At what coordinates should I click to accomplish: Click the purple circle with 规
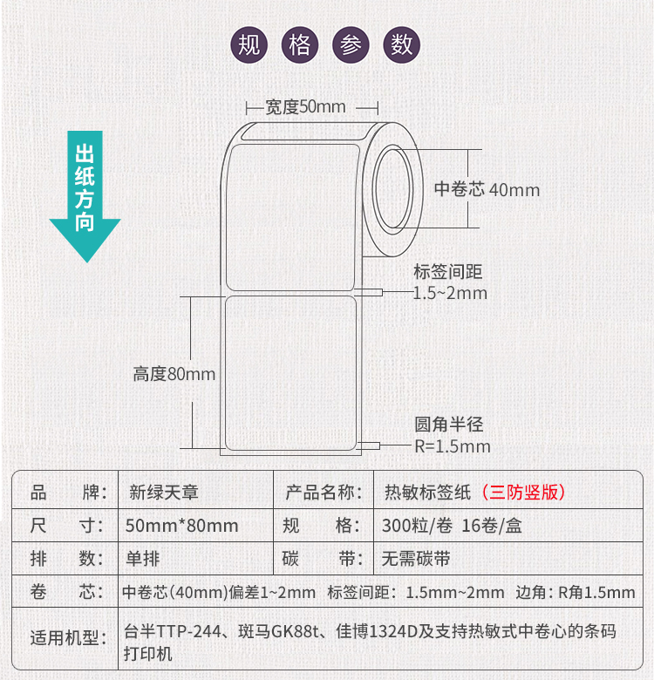pyautogui.click(x=249, y=45)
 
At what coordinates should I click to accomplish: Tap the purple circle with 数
pyautogui.click(x=402, y=45)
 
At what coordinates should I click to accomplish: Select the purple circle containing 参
pyautogui.click(x=351, y=45)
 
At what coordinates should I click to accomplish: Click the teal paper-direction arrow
pyautogui.click(x=85, y=196)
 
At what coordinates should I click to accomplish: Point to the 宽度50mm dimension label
pyautogui.click(x=305, y=106)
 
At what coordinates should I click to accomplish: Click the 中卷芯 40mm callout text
pyautogui.click(x=487, y=189)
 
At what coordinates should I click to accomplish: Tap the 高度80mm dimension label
pyautogui.click(x=174, y=374)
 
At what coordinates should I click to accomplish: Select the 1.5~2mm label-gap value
pyautogui.click(x=450, y=293)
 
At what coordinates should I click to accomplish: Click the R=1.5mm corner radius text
pyautogui.click(x=453, y=446)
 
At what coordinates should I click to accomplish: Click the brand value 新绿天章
pyautogui.click(x=164, y=493)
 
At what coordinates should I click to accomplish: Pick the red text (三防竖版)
pyautogui.click(x=523, y=493)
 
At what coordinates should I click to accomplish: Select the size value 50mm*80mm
pyautogui.click(x=181, y=526)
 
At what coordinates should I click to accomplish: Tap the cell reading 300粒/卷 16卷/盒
pyautogui.click(x=452, y=526)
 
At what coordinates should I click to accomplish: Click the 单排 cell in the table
pyautogui.click(x=143, y=559)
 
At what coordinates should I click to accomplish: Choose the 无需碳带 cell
pyautogui.click(x=416, y=559)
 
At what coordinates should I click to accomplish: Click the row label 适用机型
pyautogui.click(x=69, y=638)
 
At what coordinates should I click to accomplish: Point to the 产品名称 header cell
pyautogui.click(x=324, y=493)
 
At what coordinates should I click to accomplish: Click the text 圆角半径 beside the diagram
pyautogui.click(x=449, y=425)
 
